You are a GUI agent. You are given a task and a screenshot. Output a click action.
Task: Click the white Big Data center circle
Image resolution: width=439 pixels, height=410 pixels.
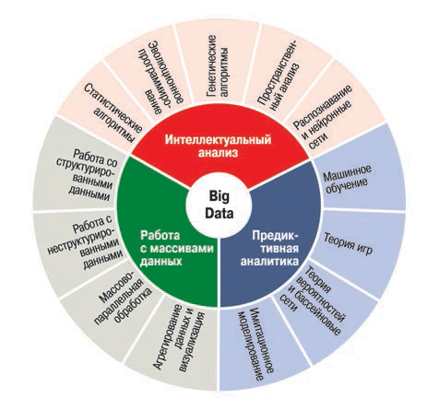pos(219,205)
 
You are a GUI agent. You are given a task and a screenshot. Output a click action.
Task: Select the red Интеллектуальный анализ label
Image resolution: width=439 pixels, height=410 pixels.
pos(219,146)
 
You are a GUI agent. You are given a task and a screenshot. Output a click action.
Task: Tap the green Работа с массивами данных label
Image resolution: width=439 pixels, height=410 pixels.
pos(176,248)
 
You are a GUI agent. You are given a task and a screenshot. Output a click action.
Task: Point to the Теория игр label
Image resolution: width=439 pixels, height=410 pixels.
pos(349,244)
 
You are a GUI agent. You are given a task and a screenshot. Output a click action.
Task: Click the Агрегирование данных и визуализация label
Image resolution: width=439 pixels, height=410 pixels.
pos(179,338)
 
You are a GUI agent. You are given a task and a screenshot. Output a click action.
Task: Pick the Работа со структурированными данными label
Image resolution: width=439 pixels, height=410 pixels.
pos(87,175)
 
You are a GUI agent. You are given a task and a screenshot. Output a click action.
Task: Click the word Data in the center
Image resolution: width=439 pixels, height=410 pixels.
pos(219,213)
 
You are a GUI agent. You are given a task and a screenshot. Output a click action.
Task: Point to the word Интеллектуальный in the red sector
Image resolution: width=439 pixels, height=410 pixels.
pos(219,139)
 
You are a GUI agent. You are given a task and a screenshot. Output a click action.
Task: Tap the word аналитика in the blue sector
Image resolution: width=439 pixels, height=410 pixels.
pos(269,261)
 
